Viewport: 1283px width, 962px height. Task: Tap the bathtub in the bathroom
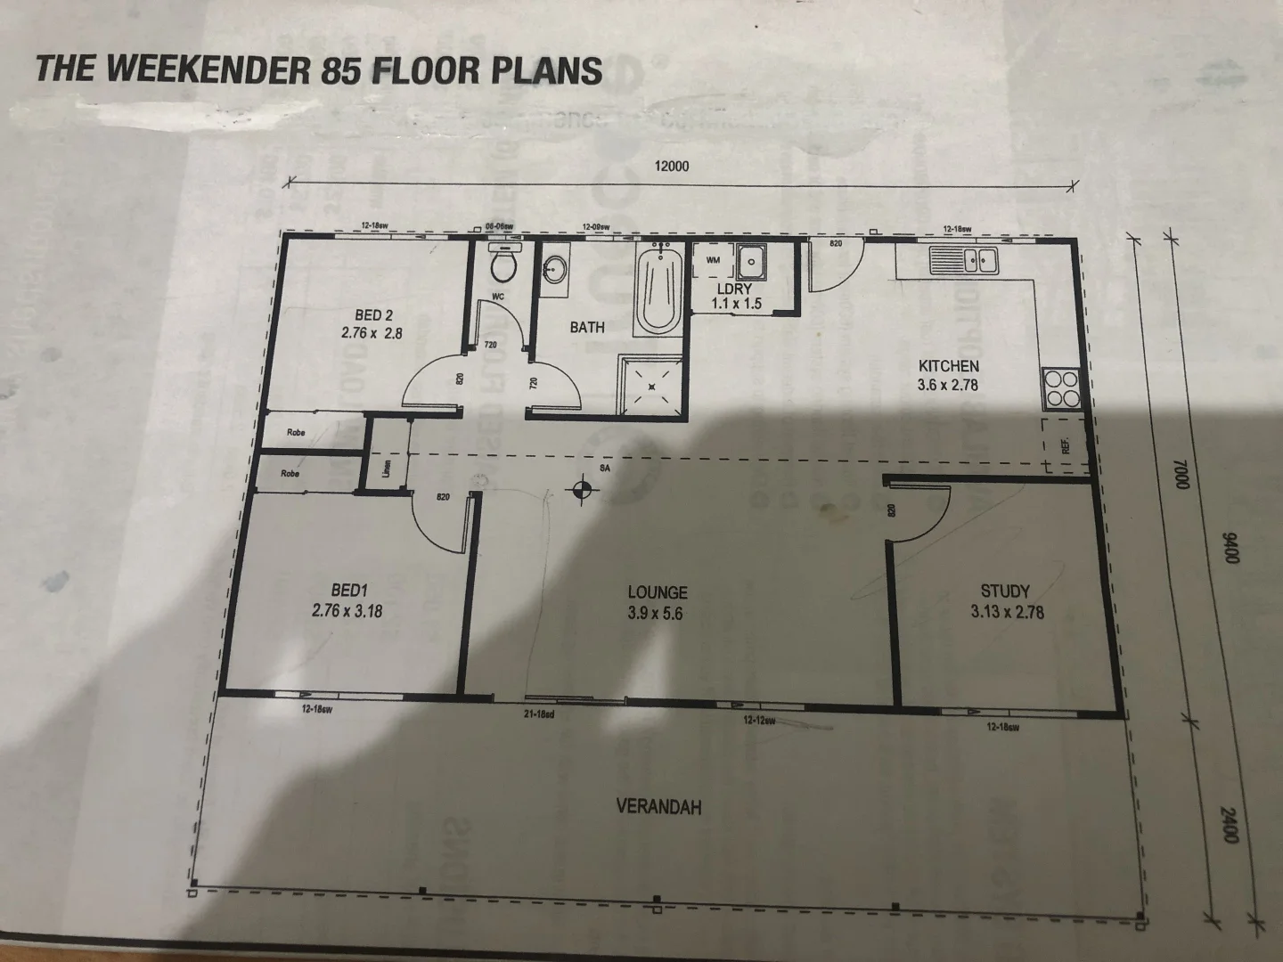tap(658, 289)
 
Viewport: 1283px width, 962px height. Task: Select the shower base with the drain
tap(652, 386)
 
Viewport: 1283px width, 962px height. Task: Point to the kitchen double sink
tap(965, 261)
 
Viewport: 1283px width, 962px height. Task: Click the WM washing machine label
tap(713, 260)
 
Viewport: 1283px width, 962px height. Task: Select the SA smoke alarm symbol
tap(582, 487)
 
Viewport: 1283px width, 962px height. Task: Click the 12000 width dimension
tap(672, 166)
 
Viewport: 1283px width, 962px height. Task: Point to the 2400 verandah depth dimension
tap(1230, 826)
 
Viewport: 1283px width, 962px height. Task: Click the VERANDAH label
tap(658, 806)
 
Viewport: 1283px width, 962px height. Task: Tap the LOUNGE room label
tap(657, 592)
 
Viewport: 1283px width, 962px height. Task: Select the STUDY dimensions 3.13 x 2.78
tap(1008, 612)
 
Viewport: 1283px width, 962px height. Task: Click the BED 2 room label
tap(373, 314)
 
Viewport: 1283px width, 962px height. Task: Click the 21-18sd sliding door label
tap(540, 713)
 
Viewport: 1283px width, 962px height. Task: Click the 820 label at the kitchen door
tap(836, 242)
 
